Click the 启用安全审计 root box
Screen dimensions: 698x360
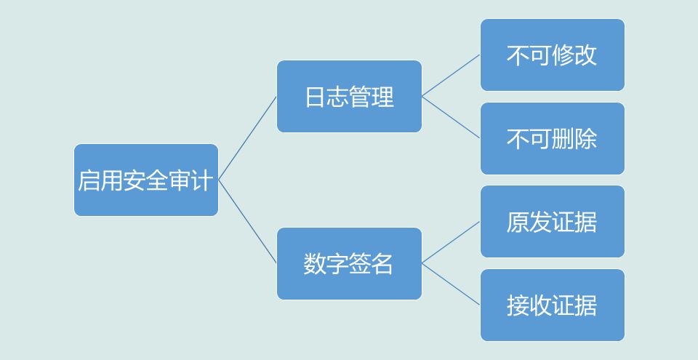tap(145, 180)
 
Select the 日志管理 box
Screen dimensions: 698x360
tap(349, 96)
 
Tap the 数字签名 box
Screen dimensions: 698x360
tap(349, 263)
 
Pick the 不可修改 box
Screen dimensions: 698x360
tap(552, 55)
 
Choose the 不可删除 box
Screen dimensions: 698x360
tap(552, 138)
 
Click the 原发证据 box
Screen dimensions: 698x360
tap(552, 221)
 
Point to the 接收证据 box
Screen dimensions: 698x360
tap(552, 305)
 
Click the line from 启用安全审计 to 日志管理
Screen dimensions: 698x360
tap(247, 138)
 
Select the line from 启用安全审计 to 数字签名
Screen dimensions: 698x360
tap(247, 221)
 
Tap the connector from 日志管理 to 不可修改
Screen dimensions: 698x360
tap(451, 76)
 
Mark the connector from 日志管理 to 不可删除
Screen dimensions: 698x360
tap(451, 117)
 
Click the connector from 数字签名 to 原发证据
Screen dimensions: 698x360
tap(451, 242)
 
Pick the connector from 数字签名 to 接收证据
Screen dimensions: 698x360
tap(451, 284)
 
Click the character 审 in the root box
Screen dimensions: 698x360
tap(180, 180)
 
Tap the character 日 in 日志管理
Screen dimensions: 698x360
tap(315, 97)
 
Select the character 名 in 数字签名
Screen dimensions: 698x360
tap(382, 264)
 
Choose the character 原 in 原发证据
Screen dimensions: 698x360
tap(518, 222)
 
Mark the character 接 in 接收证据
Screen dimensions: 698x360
tap(518, 305)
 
